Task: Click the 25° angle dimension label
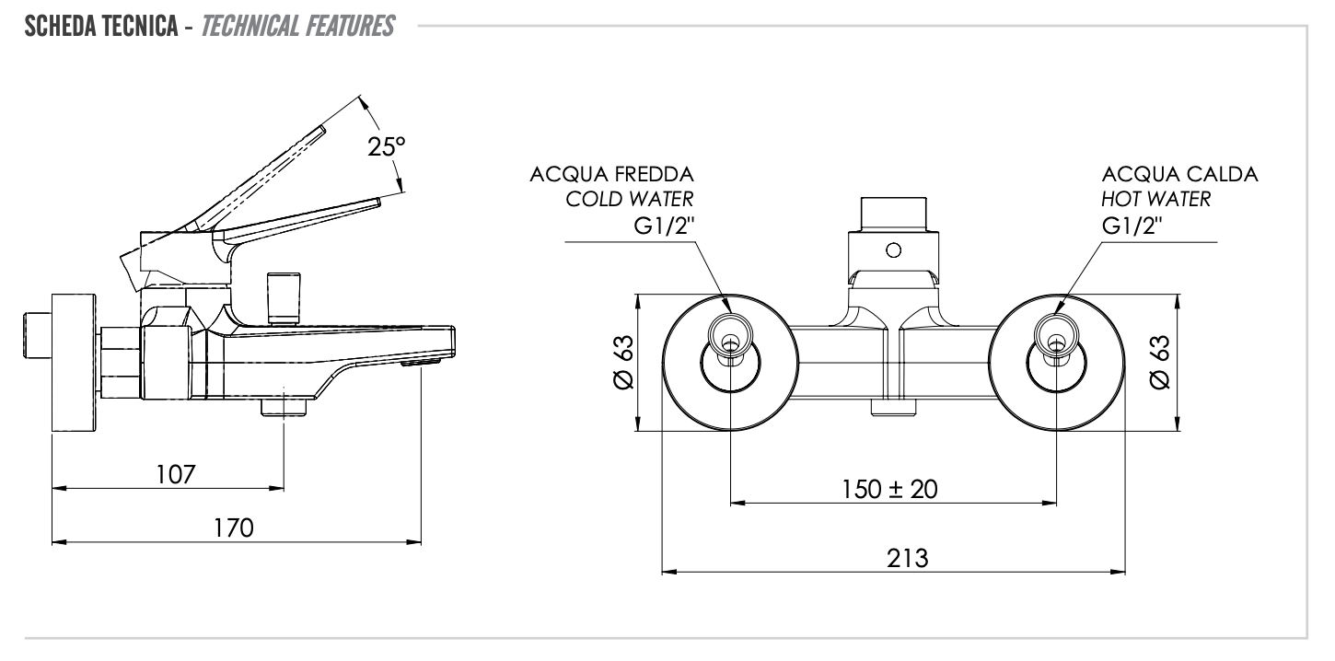coord(387,147)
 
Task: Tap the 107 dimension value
coord(177,475)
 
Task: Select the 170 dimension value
coord(234,528)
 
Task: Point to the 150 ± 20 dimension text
coord(889,489)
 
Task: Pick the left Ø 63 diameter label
coord(623,362)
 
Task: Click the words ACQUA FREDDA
coord(612,175)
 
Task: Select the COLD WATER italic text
coord(630,200)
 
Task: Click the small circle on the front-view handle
coord(891,249)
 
